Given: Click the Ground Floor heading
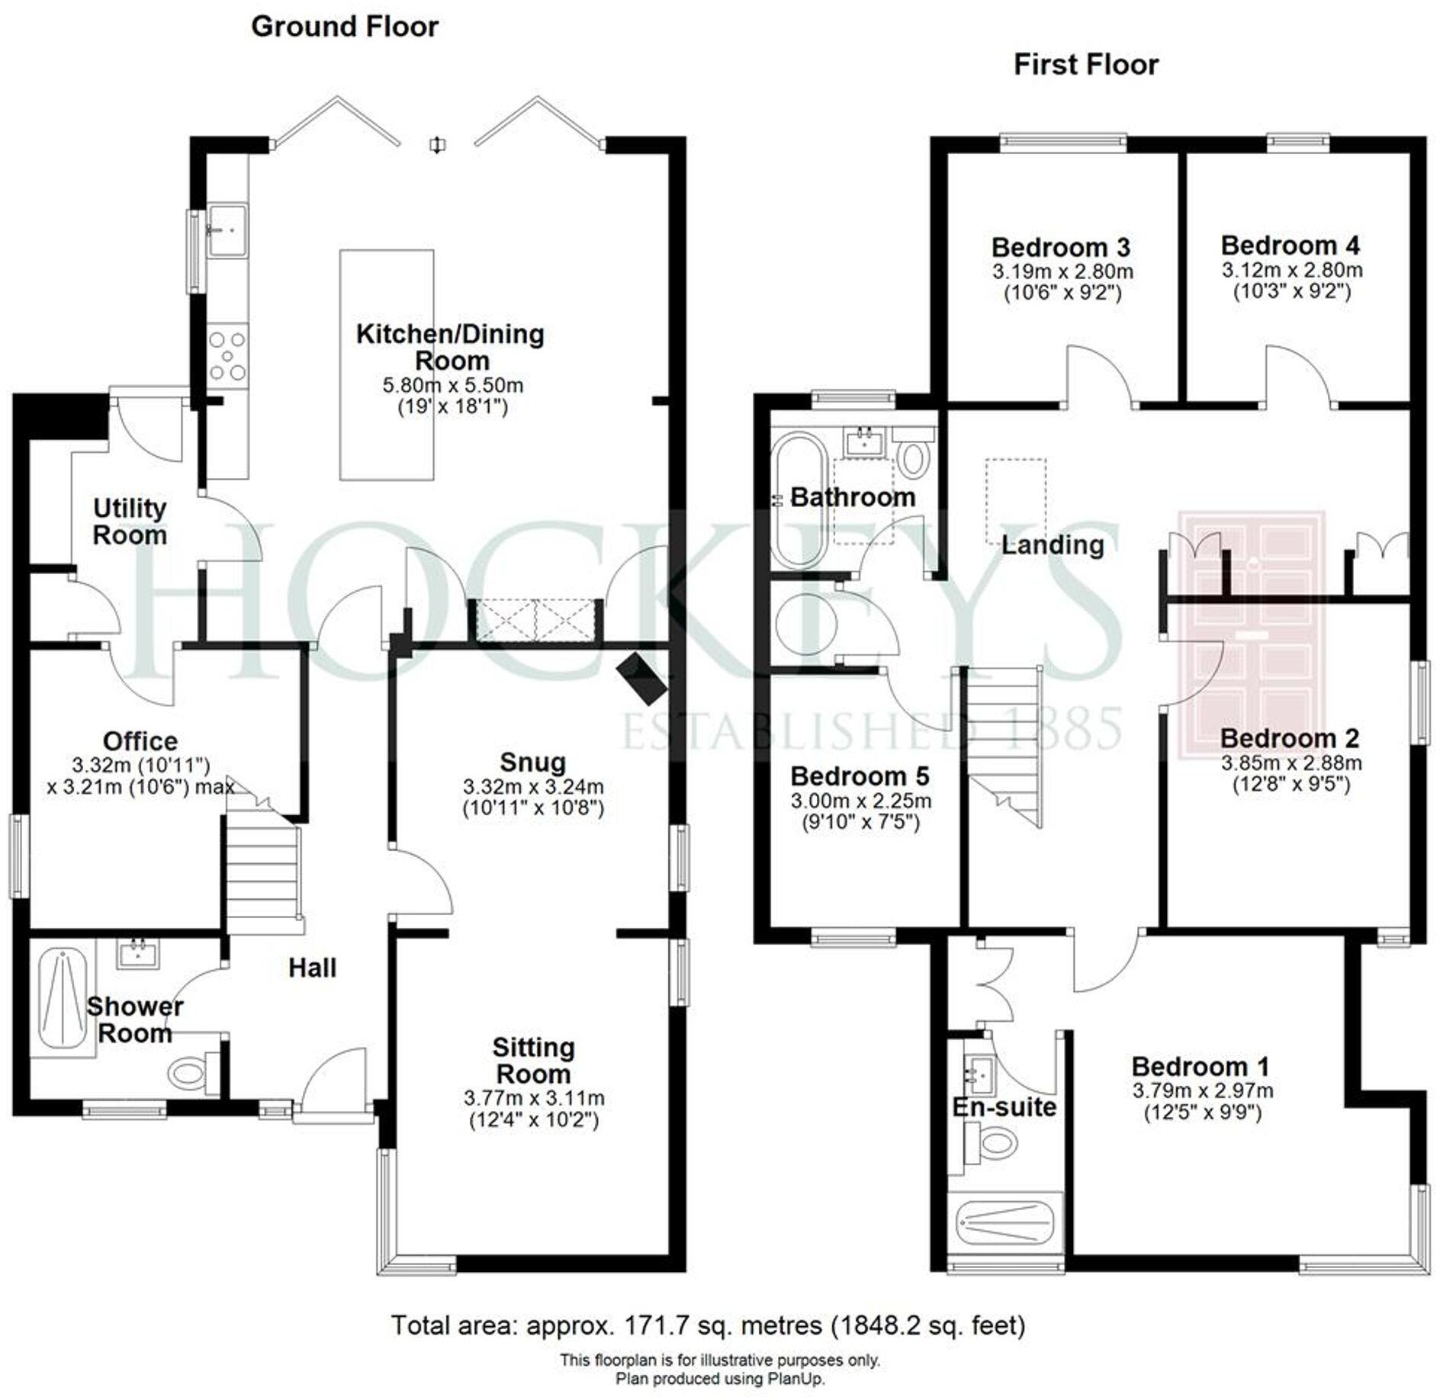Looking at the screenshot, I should pos(344,27).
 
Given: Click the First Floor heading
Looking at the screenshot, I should pos(1085,65).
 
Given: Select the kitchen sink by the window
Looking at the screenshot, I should pos(227,229).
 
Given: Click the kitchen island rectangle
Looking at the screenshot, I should pos(387,364).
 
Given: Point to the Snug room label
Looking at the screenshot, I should pos(532,762).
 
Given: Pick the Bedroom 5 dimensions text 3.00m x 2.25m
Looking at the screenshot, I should pos(860,801).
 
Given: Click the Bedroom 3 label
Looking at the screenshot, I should pos(1060,247).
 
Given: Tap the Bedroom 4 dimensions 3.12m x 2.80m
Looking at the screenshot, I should pos(1292,270).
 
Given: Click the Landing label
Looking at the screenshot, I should pos(1053,544).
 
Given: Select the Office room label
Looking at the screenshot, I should pos(140,740).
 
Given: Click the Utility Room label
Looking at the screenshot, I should pos(130,522).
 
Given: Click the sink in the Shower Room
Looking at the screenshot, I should pos(139,953).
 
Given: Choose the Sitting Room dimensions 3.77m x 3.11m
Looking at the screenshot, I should pos(533,1098).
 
